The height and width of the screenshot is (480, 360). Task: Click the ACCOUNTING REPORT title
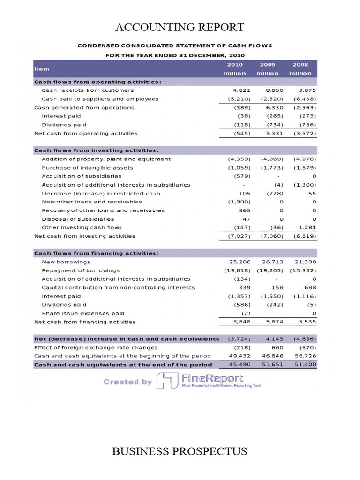pyautogui.click(x=180, y=27)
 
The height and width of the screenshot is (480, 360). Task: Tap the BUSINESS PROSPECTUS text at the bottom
pyautogui.click(x=180, y=451)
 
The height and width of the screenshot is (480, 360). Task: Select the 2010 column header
pyautogui.click(x=234, y=65)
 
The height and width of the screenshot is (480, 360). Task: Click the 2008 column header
pyautogui.click(x=300, y=65)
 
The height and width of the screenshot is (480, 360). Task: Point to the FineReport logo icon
pyautogui.click(x=167, y=380)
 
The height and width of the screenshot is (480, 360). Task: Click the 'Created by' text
pyautogui.click(x=127, y=382)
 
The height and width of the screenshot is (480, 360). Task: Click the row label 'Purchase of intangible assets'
pyautogui.click(x=88, y=167)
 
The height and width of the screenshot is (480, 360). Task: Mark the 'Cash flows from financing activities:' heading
pyautogui.click(x=97, y=253)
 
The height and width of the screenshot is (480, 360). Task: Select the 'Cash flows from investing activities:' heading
pyautogui.click(x=97, y=150)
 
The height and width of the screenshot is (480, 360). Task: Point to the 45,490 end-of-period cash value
pyautogui.click(x=239, y=364)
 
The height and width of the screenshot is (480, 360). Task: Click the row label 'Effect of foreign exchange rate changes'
pyautogui.click(x=96, y=348)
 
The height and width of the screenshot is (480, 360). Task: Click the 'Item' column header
pyautogui.click(x=42, y=69)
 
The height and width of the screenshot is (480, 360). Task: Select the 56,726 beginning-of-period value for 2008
pyautogui.click(x=305, y=356)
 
